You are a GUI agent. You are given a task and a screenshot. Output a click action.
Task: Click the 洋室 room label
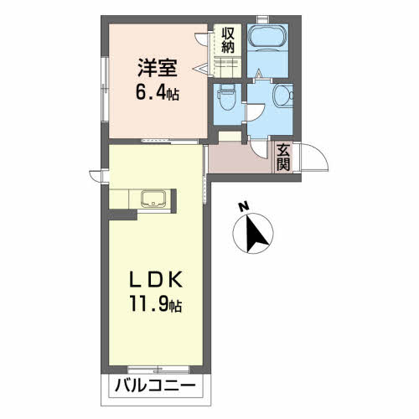[x=158, y=68]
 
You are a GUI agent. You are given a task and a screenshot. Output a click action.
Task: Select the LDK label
[x=156, y=280]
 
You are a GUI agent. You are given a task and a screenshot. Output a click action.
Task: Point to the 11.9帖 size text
[x=156, y=305]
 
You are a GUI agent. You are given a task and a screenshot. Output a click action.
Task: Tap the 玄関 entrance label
[x=283, y=158]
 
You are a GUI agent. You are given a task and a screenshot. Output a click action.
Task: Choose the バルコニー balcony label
[x=155, y=386]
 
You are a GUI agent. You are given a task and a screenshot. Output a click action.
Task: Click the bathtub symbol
[x=268, y=38]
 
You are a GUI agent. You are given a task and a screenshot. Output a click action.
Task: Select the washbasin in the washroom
[x=282, y=96]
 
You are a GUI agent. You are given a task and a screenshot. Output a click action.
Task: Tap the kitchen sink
[x=153, y=199]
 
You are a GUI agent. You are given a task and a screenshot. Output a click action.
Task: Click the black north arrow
[x=256, y=232]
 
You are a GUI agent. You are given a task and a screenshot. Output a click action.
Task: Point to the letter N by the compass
[x=244, y=206]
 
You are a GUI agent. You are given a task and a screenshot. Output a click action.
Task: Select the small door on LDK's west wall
[x=99, y=176]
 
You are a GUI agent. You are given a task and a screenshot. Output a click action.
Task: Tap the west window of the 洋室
[x=105, y=89]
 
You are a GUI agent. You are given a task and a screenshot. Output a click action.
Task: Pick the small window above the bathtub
[x=262, y=19]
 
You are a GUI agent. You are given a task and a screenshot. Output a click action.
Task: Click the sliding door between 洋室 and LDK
[x=170, y=142]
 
